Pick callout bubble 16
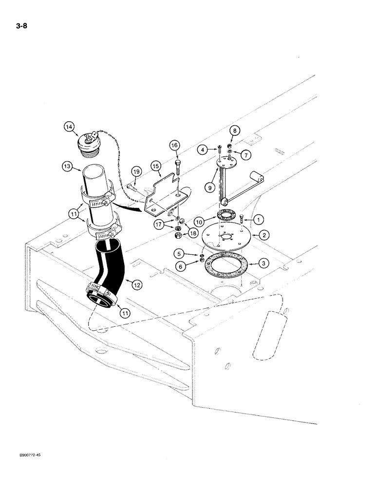click(x=175, y=145)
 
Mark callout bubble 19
click(x=135, y=171)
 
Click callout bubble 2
click(x=263, y=235)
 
